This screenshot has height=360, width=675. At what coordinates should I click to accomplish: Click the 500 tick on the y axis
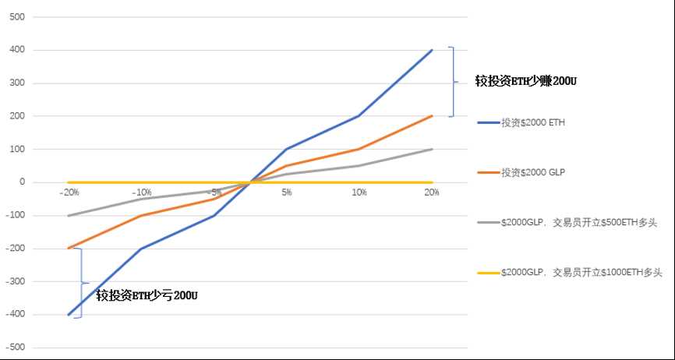[x=16, y=16]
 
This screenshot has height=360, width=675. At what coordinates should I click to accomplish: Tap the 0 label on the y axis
[x=21, y=182]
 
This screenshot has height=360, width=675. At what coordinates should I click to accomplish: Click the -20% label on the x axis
[x=69, y=192]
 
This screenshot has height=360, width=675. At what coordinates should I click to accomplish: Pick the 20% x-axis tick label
[x=431, y=192]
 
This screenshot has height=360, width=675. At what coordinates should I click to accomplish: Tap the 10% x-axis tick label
[x=359, y=192]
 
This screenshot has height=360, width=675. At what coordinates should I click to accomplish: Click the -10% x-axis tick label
[x=141, y=192]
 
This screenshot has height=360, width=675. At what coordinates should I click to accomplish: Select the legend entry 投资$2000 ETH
[x=532, y=122]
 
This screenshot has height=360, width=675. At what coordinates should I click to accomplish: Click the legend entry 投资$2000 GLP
[x=532, y=172]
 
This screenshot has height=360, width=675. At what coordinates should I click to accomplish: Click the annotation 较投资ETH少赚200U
[x=531, y=80]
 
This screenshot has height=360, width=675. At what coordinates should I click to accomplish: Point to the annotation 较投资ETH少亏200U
[x=147, y=295]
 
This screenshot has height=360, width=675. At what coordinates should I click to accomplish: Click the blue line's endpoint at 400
[x=432, y=50]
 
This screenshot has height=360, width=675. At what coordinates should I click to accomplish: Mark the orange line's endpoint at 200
[x=432, y=116]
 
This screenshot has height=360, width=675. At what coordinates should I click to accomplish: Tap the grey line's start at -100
[x=69, y=216]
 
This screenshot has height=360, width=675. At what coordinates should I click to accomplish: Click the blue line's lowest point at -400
[x=69, y=315]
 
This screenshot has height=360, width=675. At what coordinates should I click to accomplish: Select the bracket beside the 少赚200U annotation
[x=452, y=82]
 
